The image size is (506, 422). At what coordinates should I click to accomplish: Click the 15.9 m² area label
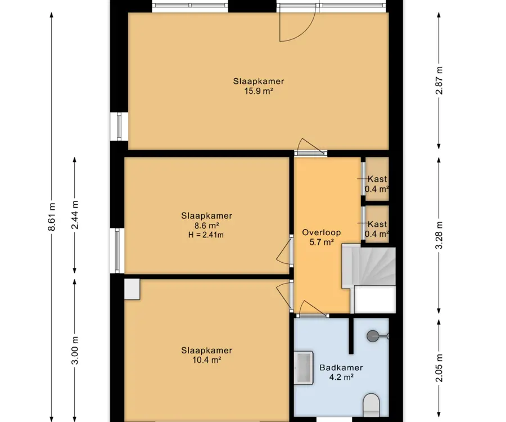[x=259, y=91]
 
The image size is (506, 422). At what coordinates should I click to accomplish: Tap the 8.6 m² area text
[x=206, y=226]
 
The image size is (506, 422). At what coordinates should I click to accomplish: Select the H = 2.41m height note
[x=206, y=235]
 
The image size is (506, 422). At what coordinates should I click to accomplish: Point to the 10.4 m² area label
[x=206, y=360]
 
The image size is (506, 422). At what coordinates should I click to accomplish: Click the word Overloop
[x=322, y=232]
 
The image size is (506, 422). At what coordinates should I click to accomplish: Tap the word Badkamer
[x=341, y=367]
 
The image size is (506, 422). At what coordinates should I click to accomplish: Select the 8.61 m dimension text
[x=52, y=217]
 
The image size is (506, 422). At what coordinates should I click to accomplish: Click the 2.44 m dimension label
[x=75, y=215]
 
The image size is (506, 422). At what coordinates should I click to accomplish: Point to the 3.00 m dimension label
[x=75, y=350]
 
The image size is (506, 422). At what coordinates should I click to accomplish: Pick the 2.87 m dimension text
[x=439, y=80]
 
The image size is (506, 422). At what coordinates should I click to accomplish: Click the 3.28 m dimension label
[x=439, y=235]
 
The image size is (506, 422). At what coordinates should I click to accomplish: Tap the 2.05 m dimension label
[x=439, y=367]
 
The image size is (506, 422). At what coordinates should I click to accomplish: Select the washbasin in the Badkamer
[x=304, y=367]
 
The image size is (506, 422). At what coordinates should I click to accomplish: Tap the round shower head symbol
[x=373, y=336]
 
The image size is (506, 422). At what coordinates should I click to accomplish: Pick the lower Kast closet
[x=377, y=225]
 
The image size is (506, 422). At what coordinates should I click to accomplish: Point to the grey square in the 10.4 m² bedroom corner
[x=132, y=289]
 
